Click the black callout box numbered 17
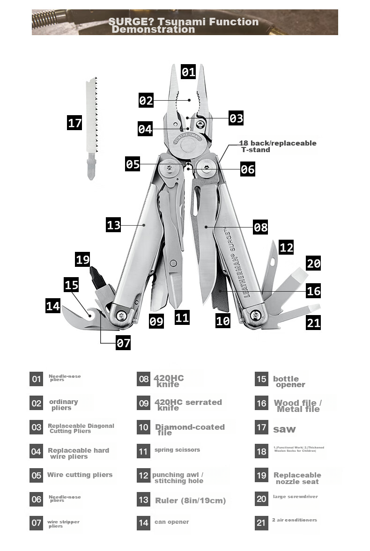[74, 123]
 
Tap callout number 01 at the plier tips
[188, 72]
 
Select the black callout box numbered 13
[113, 225]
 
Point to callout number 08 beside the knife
[260, 228]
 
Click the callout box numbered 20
[313, 263]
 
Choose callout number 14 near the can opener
[53, 306]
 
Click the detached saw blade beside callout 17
[93, 126]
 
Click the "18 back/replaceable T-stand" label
[278, 146]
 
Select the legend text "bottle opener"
[289, 382]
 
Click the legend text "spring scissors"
[177, 450]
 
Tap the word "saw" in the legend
[284, 429]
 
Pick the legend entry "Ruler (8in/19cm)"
[190, 500]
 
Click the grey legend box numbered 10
[143, 427]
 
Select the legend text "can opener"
[171, 522]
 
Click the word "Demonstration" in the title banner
[153, 29]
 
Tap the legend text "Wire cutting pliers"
[80, 475]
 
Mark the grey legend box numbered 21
[261, 523]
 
